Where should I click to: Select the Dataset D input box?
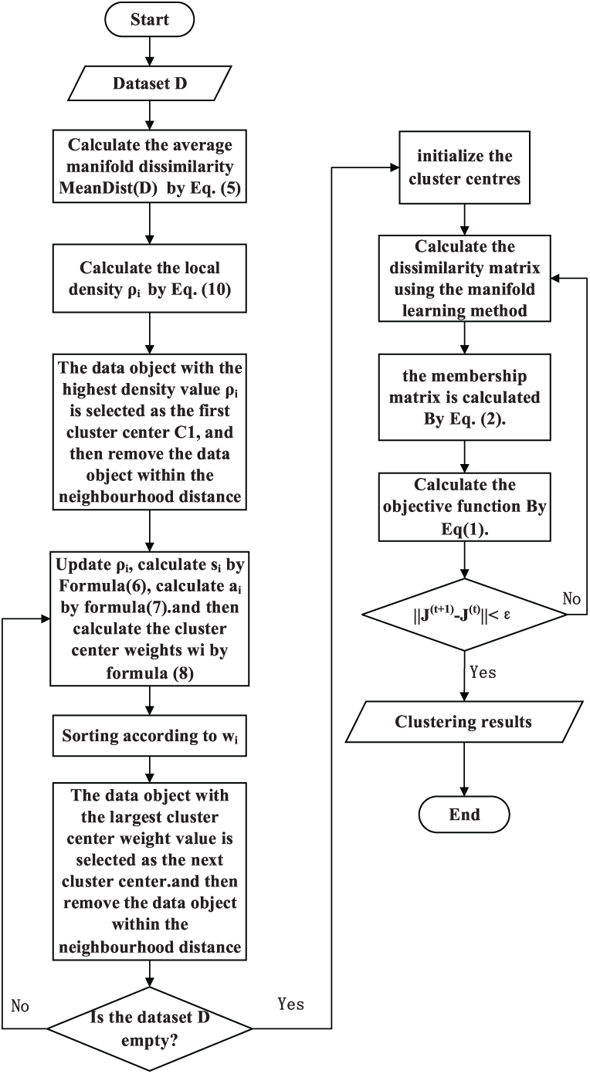click(x=150, y=83)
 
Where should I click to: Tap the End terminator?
click(x=463, y=814)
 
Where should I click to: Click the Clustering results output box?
click(x=463, y=722)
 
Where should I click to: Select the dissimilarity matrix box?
click(x=463, y=280)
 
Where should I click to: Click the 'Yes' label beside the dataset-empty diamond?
click(x=290, y=1005)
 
